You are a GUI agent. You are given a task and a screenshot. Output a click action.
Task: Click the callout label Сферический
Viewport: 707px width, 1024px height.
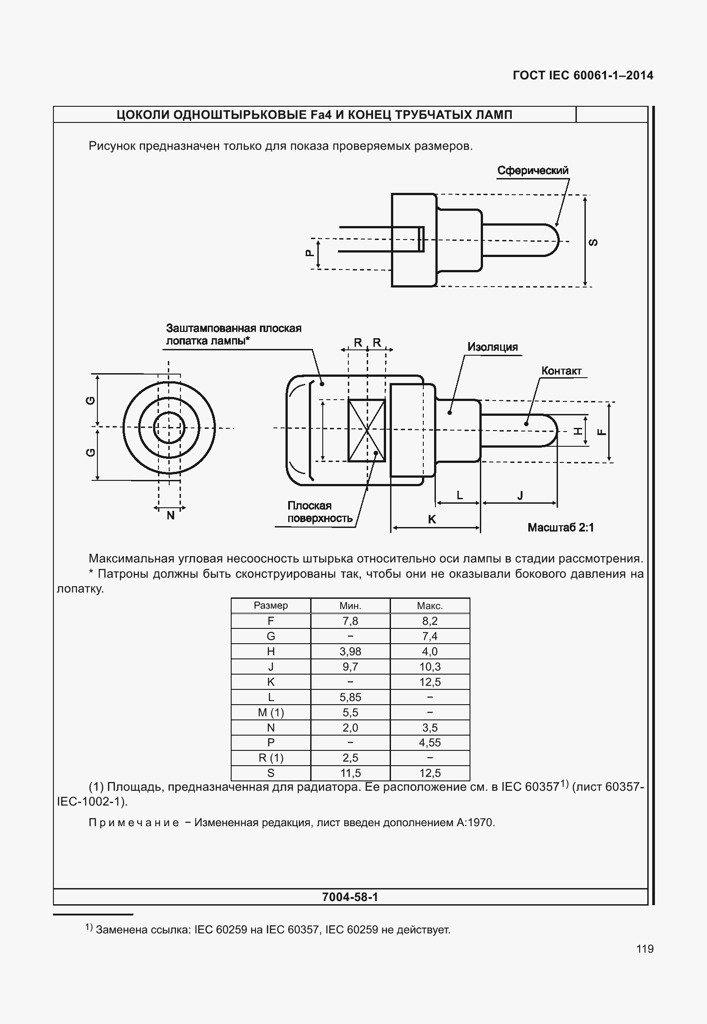click(533, 170)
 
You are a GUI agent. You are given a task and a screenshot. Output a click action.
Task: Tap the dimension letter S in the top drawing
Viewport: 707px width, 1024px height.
click(593, 242)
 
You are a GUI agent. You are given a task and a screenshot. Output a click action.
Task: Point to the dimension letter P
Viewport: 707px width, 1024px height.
click(308, 253)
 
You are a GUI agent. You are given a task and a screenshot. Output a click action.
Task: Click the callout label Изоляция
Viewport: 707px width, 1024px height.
click(492, 347)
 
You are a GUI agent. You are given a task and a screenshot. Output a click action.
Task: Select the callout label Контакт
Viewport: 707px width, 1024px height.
click(561, 371)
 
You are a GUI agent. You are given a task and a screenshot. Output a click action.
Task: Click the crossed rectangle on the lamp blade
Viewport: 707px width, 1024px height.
click(367, 430)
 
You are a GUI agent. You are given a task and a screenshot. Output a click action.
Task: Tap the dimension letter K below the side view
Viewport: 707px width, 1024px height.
click(432, 519)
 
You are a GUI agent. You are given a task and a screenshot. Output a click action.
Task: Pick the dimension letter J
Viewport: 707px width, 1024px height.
click(520, 495)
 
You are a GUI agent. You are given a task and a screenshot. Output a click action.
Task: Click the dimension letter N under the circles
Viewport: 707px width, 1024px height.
click(171, 516)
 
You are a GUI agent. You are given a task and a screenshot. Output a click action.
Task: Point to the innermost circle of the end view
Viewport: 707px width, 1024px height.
click(169, 427)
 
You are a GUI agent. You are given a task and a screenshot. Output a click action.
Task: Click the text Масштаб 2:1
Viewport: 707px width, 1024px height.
click(561, 527)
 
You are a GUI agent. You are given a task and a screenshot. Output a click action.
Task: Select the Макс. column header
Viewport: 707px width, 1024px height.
click(430, 606)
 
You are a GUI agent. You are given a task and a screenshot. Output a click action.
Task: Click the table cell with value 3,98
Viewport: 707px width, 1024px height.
click(350, 651)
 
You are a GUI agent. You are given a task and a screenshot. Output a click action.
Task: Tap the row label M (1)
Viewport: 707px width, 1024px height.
click(271, 712)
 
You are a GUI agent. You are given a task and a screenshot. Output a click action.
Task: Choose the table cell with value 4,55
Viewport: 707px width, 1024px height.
click(430, 742)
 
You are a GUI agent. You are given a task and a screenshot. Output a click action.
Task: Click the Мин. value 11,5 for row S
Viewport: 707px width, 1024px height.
click(350, 773)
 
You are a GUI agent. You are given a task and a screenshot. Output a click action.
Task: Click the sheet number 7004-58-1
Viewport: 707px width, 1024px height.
click(350, 897)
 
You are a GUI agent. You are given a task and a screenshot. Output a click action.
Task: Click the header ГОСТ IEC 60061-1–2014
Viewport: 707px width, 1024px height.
click(583, 75)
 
